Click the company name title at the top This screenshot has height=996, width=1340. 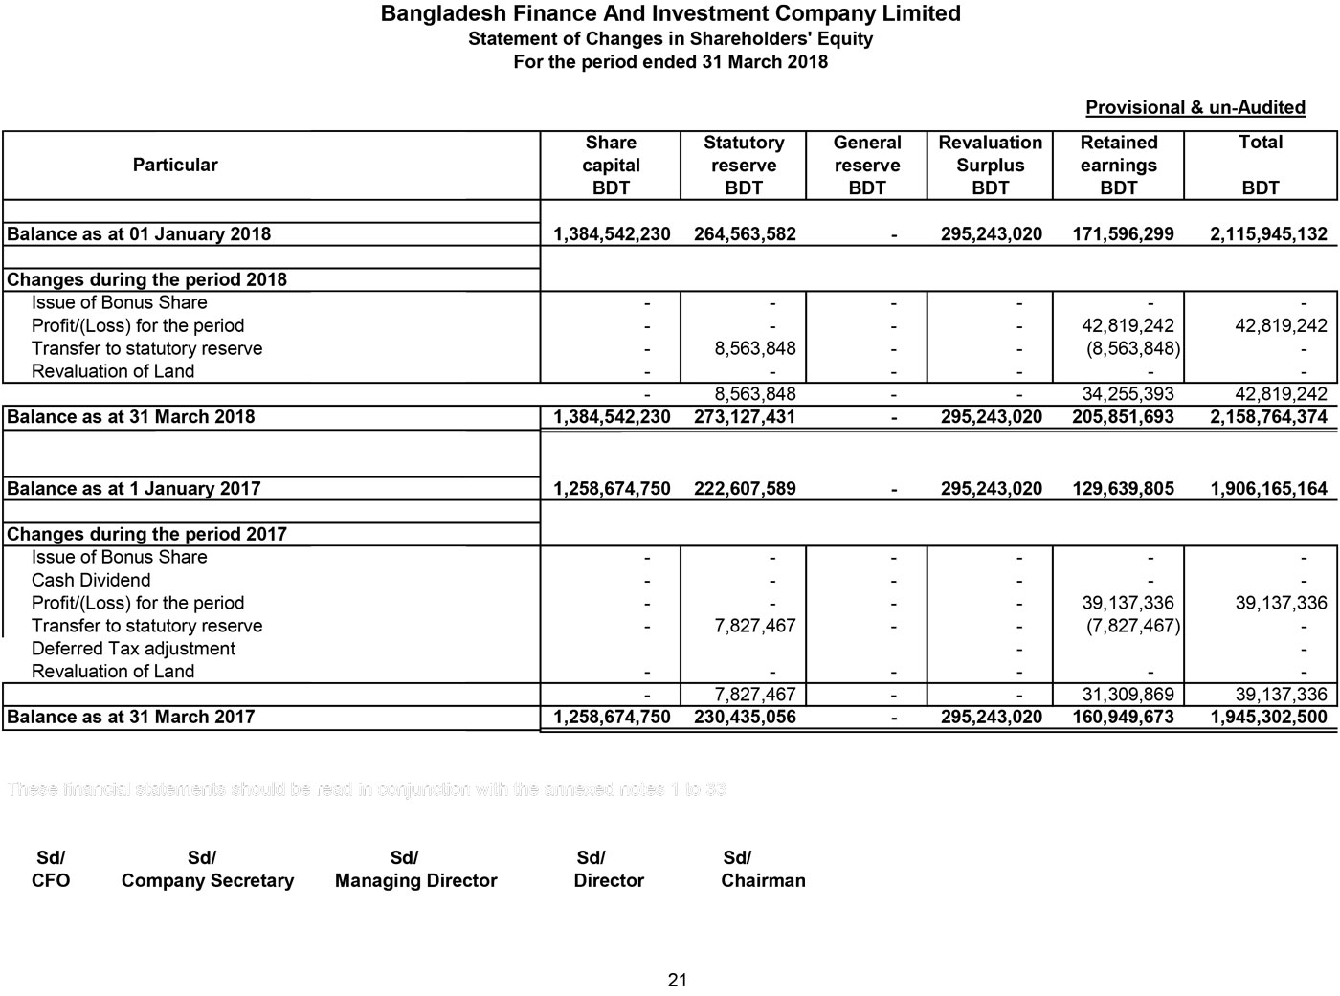(x=670, y=13)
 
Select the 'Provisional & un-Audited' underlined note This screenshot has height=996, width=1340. (x=1195, y=107)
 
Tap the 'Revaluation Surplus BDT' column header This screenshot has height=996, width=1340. (x=990, y=165)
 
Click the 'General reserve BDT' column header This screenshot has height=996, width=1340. (x=866, y=165)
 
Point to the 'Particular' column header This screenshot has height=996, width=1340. (x=175, y=165)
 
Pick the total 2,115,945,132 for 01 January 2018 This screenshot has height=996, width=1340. (x=1268, y=234)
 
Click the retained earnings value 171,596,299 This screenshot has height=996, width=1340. (x=1123, y=234)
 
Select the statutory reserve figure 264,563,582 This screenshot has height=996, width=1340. (x=744, y=234)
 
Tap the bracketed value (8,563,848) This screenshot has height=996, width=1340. (x=1132, y=348)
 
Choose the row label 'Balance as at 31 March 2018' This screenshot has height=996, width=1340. (x=131, y=417)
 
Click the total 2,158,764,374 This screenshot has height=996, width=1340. (x=1268, y=417)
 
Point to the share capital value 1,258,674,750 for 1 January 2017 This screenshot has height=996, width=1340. (x=612, y=489)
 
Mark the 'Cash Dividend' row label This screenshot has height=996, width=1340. (x=91, y=580)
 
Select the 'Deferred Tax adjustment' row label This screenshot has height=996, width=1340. (x=133, y=649)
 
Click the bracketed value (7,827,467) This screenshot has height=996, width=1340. (x=1132, y=626)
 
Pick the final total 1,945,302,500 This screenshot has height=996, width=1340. (x=1268, y=718)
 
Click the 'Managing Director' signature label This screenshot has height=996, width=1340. (x=415, y=881)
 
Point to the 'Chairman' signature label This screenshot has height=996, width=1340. (x=763, y=881)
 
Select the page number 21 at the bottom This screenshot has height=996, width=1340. (x=678, y=980)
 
